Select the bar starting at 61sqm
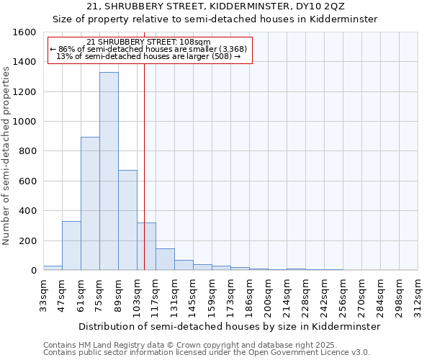click(x=90, y=204)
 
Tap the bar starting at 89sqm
click(x=127, y=220)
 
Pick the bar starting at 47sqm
click(x=71, y=246)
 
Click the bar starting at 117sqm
click(x=165, y=259)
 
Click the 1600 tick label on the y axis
click(x=24, y=32)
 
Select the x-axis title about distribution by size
click(x=230, y=326)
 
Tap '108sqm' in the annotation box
click(x=194, y=42)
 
